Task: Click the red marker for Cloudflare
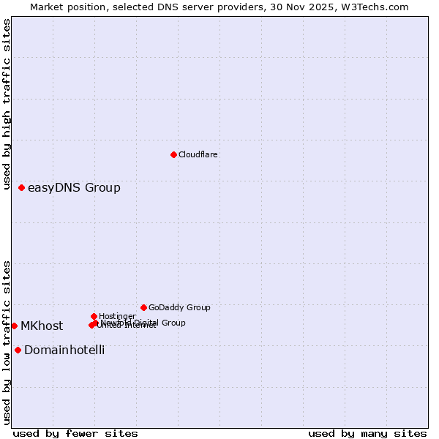pyautogui.click(x=173, y=154)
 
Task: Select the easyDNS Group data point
pyautogui.click(x=22, y=188)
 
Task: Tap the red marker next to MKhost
pyautogui.click(x=14, y=326)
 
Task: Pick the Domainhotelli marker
pyautogui.click(x=18, y=350)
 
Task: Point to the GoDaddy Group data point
pyautogui.click(x=143, y=307)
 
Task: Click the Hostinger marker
pyautogui.click(x=94, y=316)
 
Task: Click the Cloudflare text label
pyautogui.click(x=198, y=154)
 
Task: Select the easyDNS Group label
pyautogui.click(x=74, y=188)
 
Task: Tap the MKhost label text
pyautogui.click(x=42, y=326)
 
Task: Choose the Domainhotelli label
pyautogui.click(x=64, y=350)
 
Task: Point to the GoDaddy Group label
pyautogui.click(x=179, y=307)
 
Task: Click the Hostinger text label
pyautogui.click(x=117, y=316)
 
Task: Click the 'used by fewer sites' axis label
pyautogui.click(x=75, y=434)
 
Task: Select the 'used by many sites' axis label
pyautogui.click(x=367, y=434)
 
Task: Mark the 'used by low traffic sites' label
pyautogui.click(x=7, y=342)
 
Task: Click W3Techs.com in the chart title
pyautogui.click(x=378, y=7)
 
